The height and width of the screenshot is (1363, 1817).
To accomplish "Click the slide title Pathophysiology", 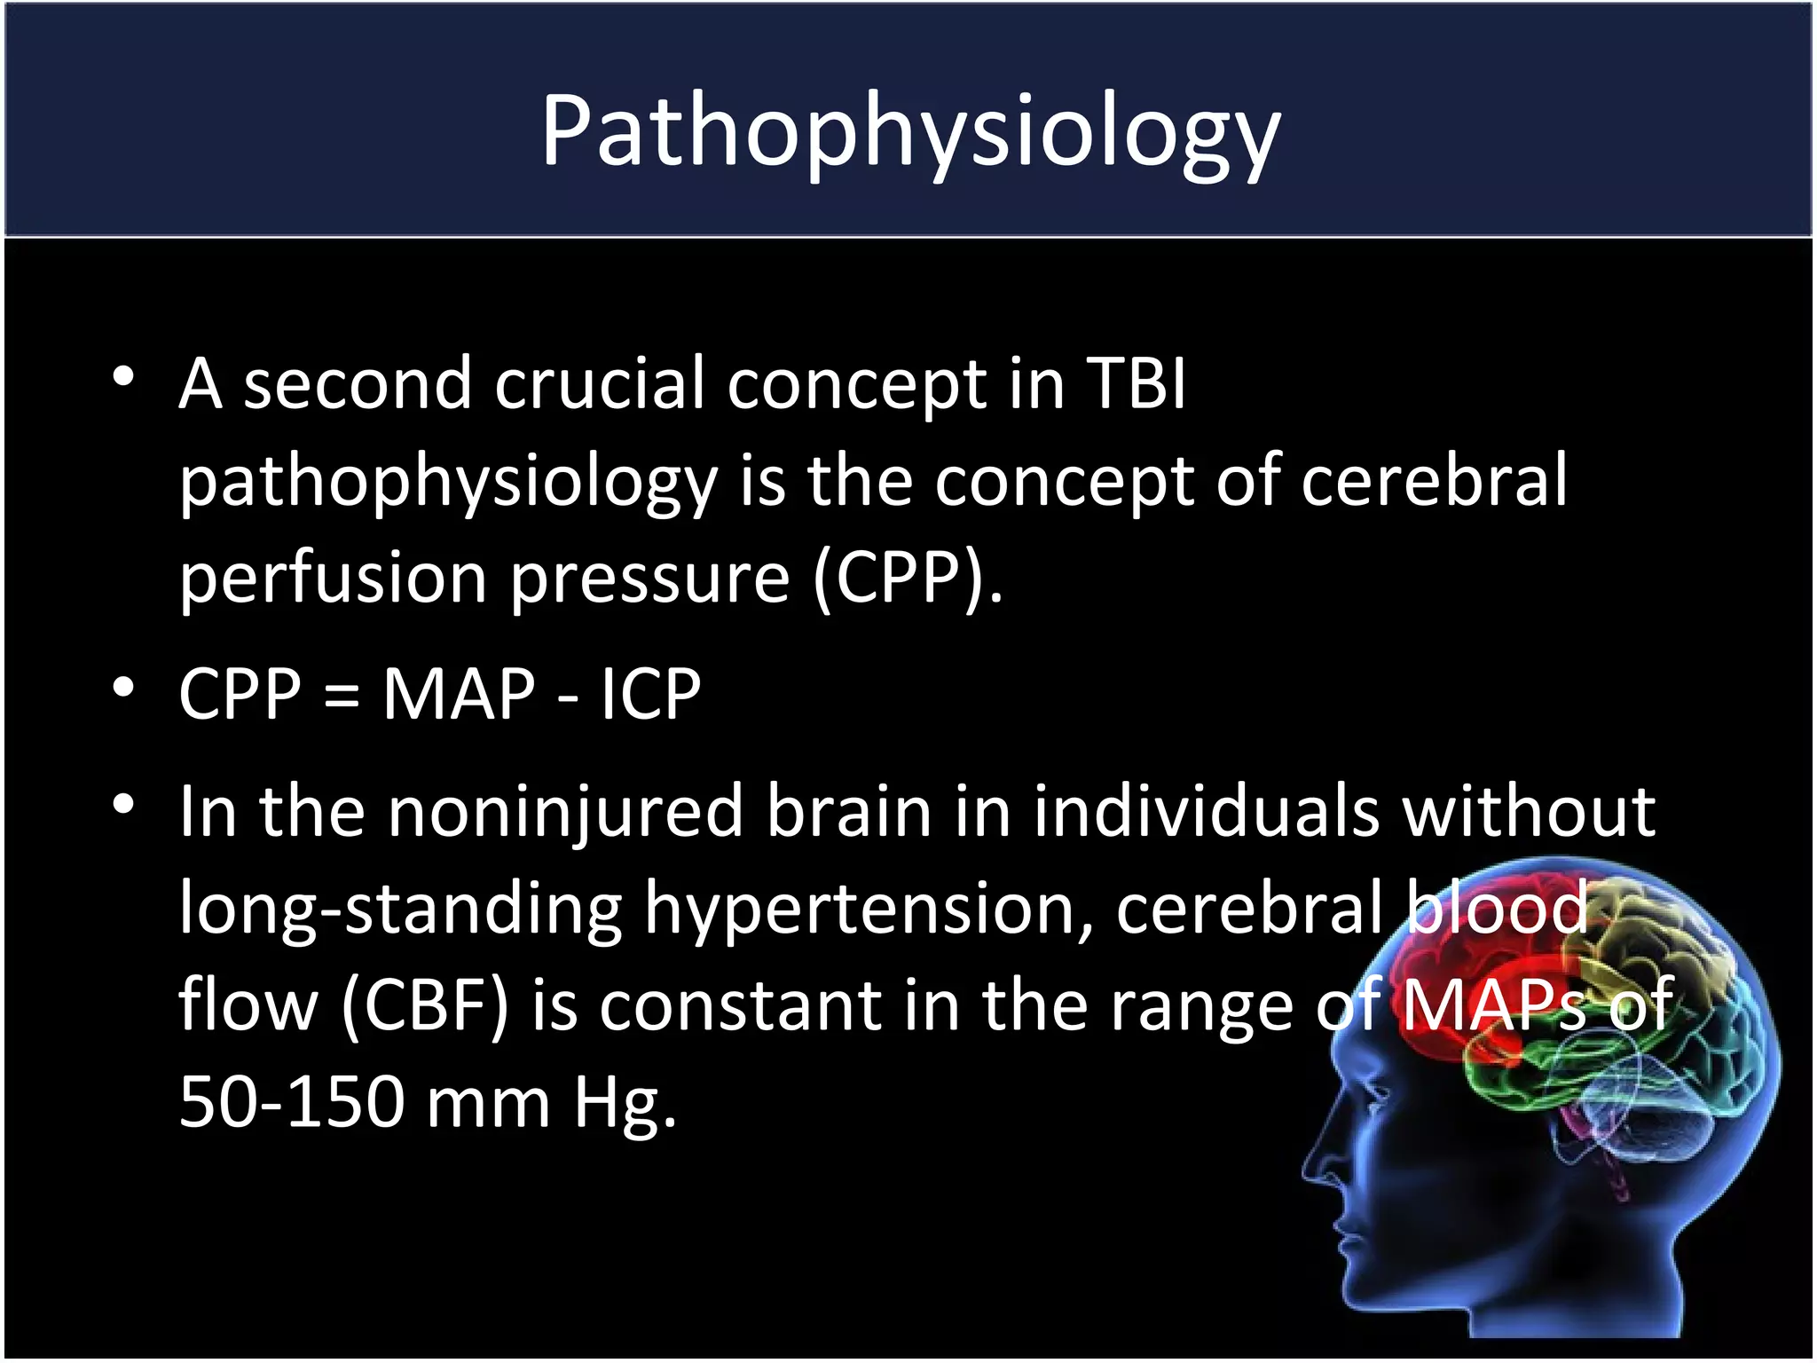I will tap(910, 131).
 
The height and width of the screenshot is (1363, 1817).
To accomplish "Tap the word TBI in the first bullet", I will tap(1137, 384).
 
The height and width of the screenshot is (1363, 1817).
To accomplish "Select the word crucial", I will tap(599, 384).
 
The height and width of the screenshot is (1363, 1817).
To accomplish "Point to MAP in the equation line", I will tap(459, 694).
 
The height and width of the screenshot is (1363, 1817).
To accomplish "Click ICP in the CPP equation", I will tap(650, 694).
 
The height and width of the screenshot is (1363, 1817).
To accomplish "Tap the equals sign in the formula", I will tap(342, 696).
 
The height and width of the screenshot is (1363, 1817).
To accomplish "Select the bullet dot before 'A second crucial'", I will tap(123, 377).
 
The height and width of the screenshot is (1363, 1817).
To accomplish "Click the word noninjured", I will tap(565, 812).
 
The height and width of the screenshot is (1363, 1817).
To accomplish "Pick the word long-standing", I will tap(401, 909).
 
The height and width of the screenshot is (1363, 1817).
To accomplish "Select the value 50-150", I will tap(291, 1103).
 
